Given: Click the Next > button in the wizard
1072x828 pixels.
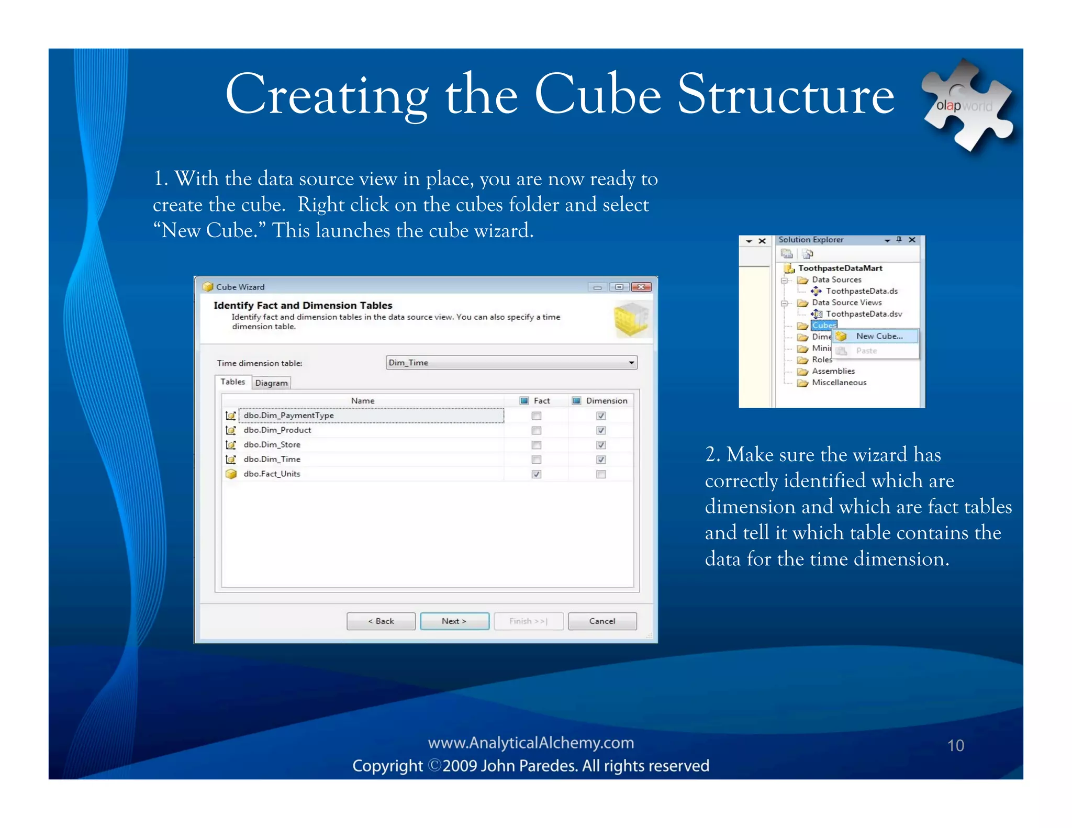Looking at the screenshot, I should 454,621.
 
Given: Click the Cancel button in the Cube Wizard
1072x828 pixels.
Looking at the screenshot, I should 602,621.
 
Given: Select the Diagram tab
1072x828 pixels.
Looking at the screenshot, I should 271,383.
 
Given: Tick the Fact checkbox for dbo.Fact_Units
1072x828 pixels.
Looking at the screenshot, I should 537,474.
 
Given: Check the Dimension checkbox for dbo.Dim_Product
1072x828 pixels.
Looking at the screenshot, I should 601,430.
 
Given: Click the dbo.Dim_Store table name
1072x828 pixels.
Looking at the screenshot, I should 272,444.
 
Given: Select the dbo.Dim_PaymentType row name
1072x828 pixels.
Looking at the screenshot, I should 288,415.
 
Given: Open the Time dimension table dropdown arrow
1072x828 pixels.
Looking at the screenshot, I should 631,363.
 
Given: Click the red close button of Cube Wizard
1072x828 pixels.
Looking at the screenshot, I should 641,287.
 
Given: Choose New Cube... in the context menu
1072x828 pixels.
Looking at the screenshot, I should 879,336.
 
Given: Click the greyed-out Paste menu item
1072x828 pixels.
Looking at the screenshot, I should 866,351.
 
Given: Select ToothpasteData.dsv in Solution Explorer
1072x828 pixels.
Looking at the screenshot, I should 864,314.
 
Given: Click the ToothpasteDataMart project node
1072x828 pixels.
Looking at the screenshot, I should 840,268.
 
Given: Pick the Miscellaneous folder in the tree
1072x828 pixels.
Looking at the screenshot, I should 839,383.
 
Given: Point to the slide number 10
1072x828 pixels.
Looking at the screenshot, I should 955,745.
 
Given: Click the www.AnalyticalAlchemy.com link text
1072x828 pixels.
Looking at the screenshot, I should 531,743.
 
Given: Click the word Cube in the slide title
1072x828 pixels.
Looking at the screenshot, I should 597,95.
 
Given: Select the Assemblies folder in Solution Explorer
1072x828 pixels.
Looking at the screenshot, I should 833,371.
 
